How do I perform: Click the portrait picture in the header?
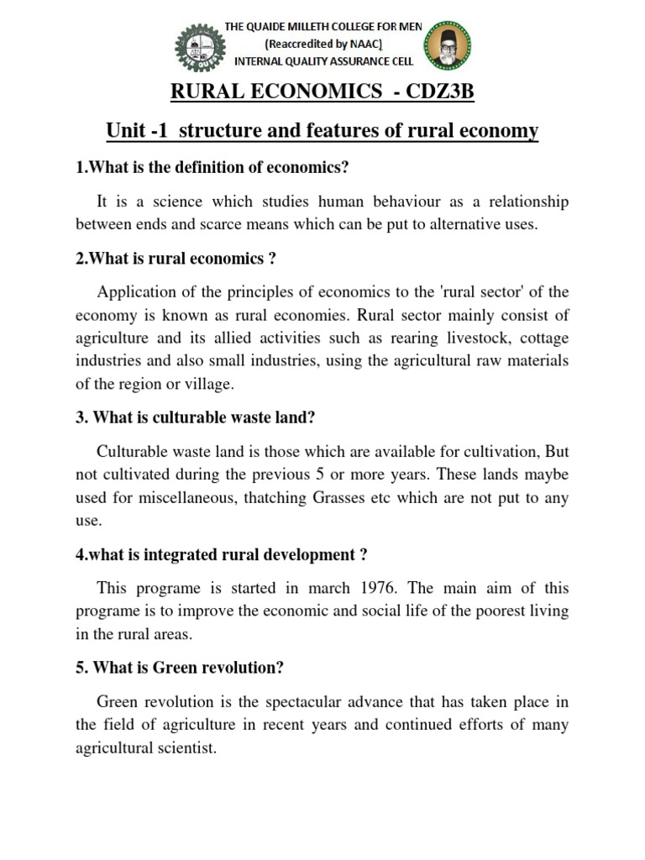tap(446, 47)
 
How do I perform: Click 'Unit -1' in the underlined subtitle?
tap(136, 132)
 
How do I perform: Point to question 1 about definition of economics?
tap(212, 167)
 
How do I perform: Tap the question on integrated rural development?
tap(222, 554)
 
